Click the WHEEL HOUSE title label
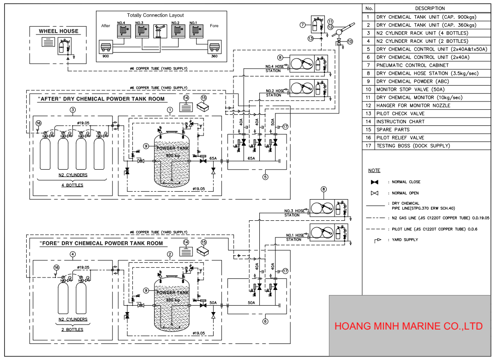coord(59,31)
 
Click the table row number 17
coord(369,146)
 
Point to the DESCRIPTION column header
coord(430,8)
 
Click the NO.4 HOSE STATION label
coord(275,69)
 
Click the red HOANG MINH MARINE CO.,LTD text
coord(408,326)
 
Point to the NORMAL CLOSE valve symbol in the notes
coord(375,182)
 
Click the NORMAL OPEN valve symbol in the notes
coord(375,193)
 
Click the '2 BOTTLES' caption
coord(72,330)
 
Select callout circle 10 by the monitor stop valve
coord(349,41)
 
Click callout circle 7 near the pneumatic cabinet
coord(303,24)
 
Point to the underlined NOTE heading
coord(374,171)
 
